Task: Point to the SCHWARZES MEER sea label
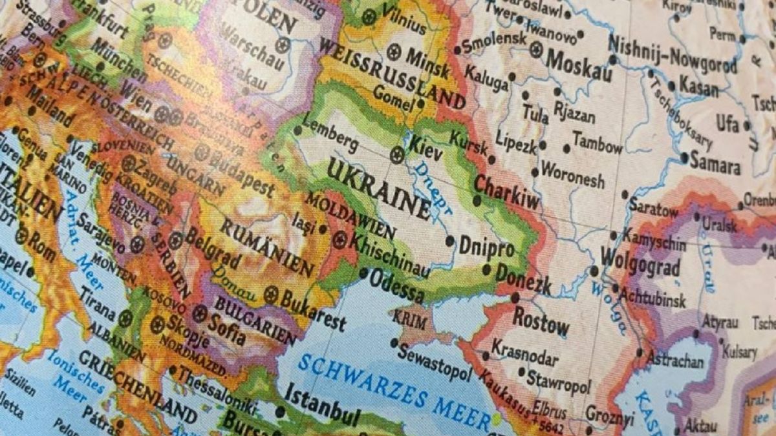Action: tap(394, 391)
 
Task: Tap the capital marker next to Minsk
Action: tap(394, 51)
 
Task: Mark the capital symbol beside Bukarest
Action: tap(271, 295)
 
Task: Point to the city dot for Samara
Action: tap(685, 157)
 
